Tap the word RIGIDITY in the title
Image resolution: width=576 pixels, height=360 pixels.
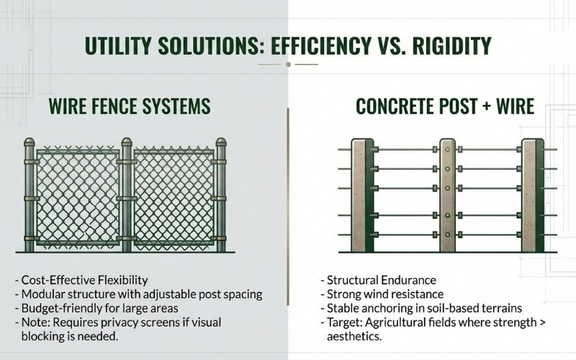point(446,48)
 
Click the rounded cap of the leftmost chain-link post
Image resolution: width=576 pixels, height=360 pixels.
point(30,143)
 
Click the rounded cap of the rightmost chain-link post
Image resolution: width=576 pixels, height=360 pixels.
point(222,143)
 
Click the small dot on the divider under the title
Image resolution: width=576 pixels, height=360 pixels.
point(287,65)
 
